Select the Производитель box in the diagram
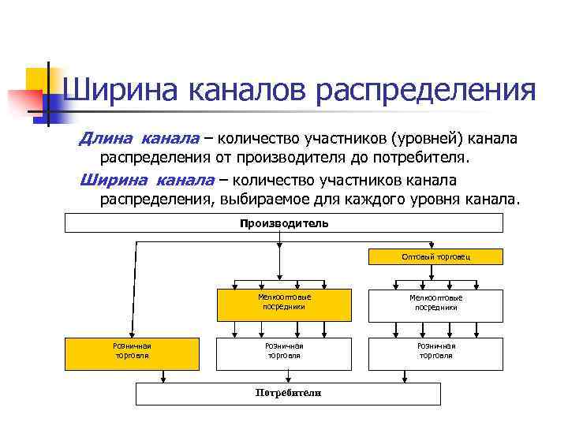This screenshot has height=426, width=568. [x=283, y=223]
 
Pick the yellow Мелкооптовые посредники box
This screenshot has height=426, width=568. [x=284, y=302]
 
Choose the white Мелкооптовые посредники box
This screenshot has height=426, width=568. [x=436, y=302]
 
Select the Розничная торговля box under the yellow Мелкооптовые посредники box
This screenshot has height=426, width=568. [x=284, y=351]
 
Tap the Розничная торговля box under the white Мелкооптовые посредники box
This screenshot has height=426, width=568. [x=436, y=351]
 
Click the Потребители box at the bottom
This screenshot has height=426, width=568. [x=288, y=393]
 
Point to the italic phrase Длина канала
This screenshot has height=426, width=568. [x=139, y=139]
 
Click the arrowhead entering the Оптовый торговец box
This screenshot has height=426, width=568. [x=432, y=248]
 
